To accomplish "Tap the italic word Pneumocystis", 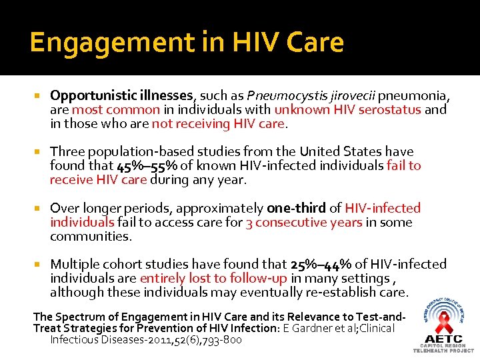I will [279, 95].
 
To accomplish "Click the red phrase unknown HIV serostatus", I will [347, 109].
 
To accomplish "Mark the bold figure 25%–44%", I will [323, 265].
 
